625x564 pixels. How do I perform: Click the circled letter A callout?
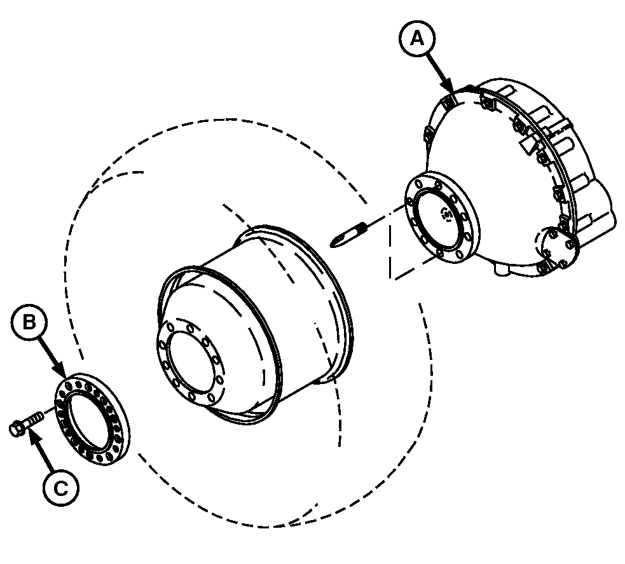pos(417,39)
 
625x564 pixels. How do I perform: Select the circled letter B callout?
pos(29,322)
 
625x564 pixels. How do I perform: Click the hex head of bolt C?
pos(16,427)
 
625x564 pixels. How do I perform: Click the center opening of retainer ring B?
pos(90,420)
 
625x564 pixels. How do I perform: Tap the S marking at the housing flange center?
pos(445,215)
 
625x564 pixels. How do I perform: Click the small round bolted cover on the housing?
pos(556,249)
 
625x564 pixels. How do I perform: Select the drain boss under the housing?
pos(502,269)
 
